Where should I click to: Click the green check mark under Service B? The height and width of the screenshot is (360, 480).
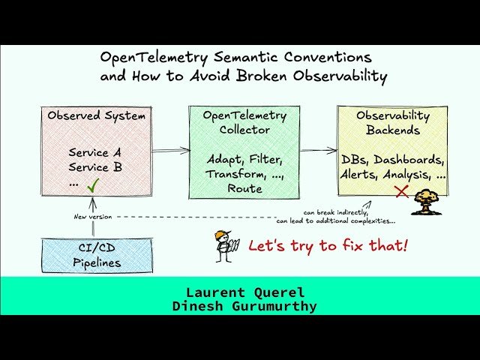point(93,184)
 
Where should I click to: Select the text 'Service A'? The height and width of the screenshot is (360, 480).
point(94,152)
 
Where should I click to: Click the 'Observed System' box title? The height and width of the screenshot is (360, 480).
point(96,116)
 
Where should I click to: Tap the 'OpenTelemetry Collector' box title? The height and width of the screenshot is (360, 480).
point(244,122)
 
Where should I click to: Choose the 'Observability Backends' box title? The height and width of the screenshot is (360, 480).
point(392,123)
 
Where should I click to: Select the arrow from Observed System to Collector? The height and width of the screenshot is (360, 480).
point(171,151)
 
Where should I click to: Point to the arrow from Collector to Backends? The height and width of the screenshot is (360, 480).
point(319,151)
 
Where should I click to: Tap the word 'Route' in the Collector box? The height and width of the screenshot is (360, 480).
point(244,189)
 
